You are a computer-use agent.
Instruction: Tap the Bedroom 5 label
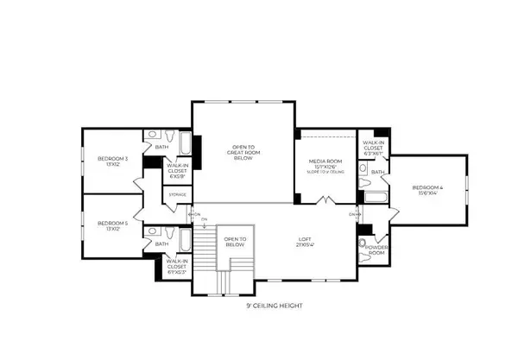[113, 225]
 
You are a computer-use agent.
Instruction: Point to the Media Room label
[326, 164]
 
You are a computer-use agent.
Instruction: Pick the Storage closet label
[178, 194]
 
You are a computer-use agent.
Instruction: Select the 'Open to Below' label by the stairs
[236, 242]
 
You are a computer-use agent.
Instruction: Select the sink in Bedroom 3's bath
[152, 134]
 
